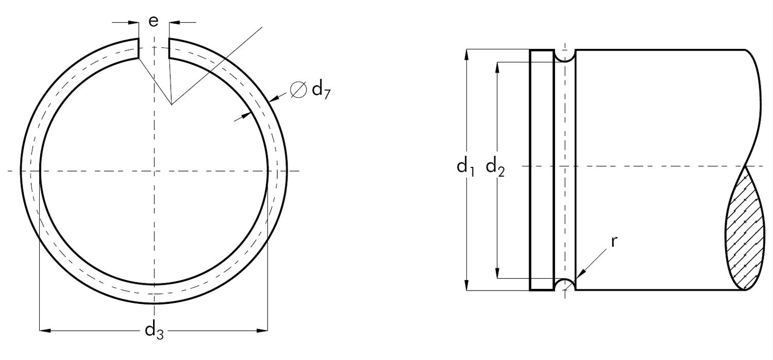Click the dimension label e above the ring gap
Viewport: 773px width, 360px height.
tap(154, 21)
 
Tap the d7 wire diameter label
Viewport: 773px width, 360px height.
tap(321, 91)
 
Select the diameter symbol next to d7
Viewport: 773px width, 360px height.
tap(298, 90)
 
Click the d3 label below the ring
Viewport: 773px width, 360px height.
tap(154, 330)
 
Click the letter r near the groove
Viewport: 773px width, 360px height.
tap(614, 242)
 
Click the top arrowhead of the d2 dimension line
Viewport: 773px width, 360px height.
tap(498, 67)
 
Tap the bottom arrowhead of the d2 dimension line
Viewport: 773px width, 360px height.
tap(498, 273)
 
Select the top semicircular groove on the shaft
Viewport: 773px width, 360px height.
tap(565, 55)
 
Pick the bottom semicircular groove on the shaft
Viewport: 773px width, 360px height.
tap(565, 285)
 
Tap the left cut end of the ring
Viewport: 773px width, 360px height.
tap(138, 48)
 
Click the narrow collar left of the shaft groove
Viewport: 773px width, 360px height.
tap(542, 170)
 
